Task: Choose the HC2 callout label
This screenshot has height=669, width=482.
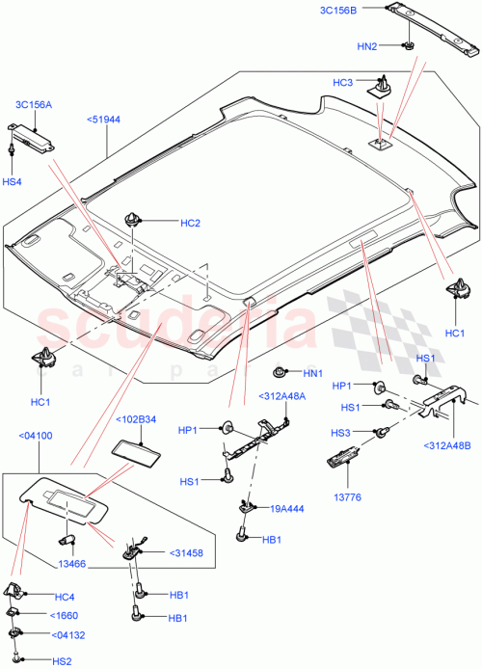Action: tap(190, 224)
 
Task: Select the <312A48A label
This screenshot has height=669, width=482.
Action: tap(281, 396)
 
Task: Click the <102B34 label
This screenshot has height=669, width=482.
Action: tap(137, 420)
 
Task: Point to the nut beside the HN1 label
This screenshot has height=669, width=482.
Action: tap(280, 372)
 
